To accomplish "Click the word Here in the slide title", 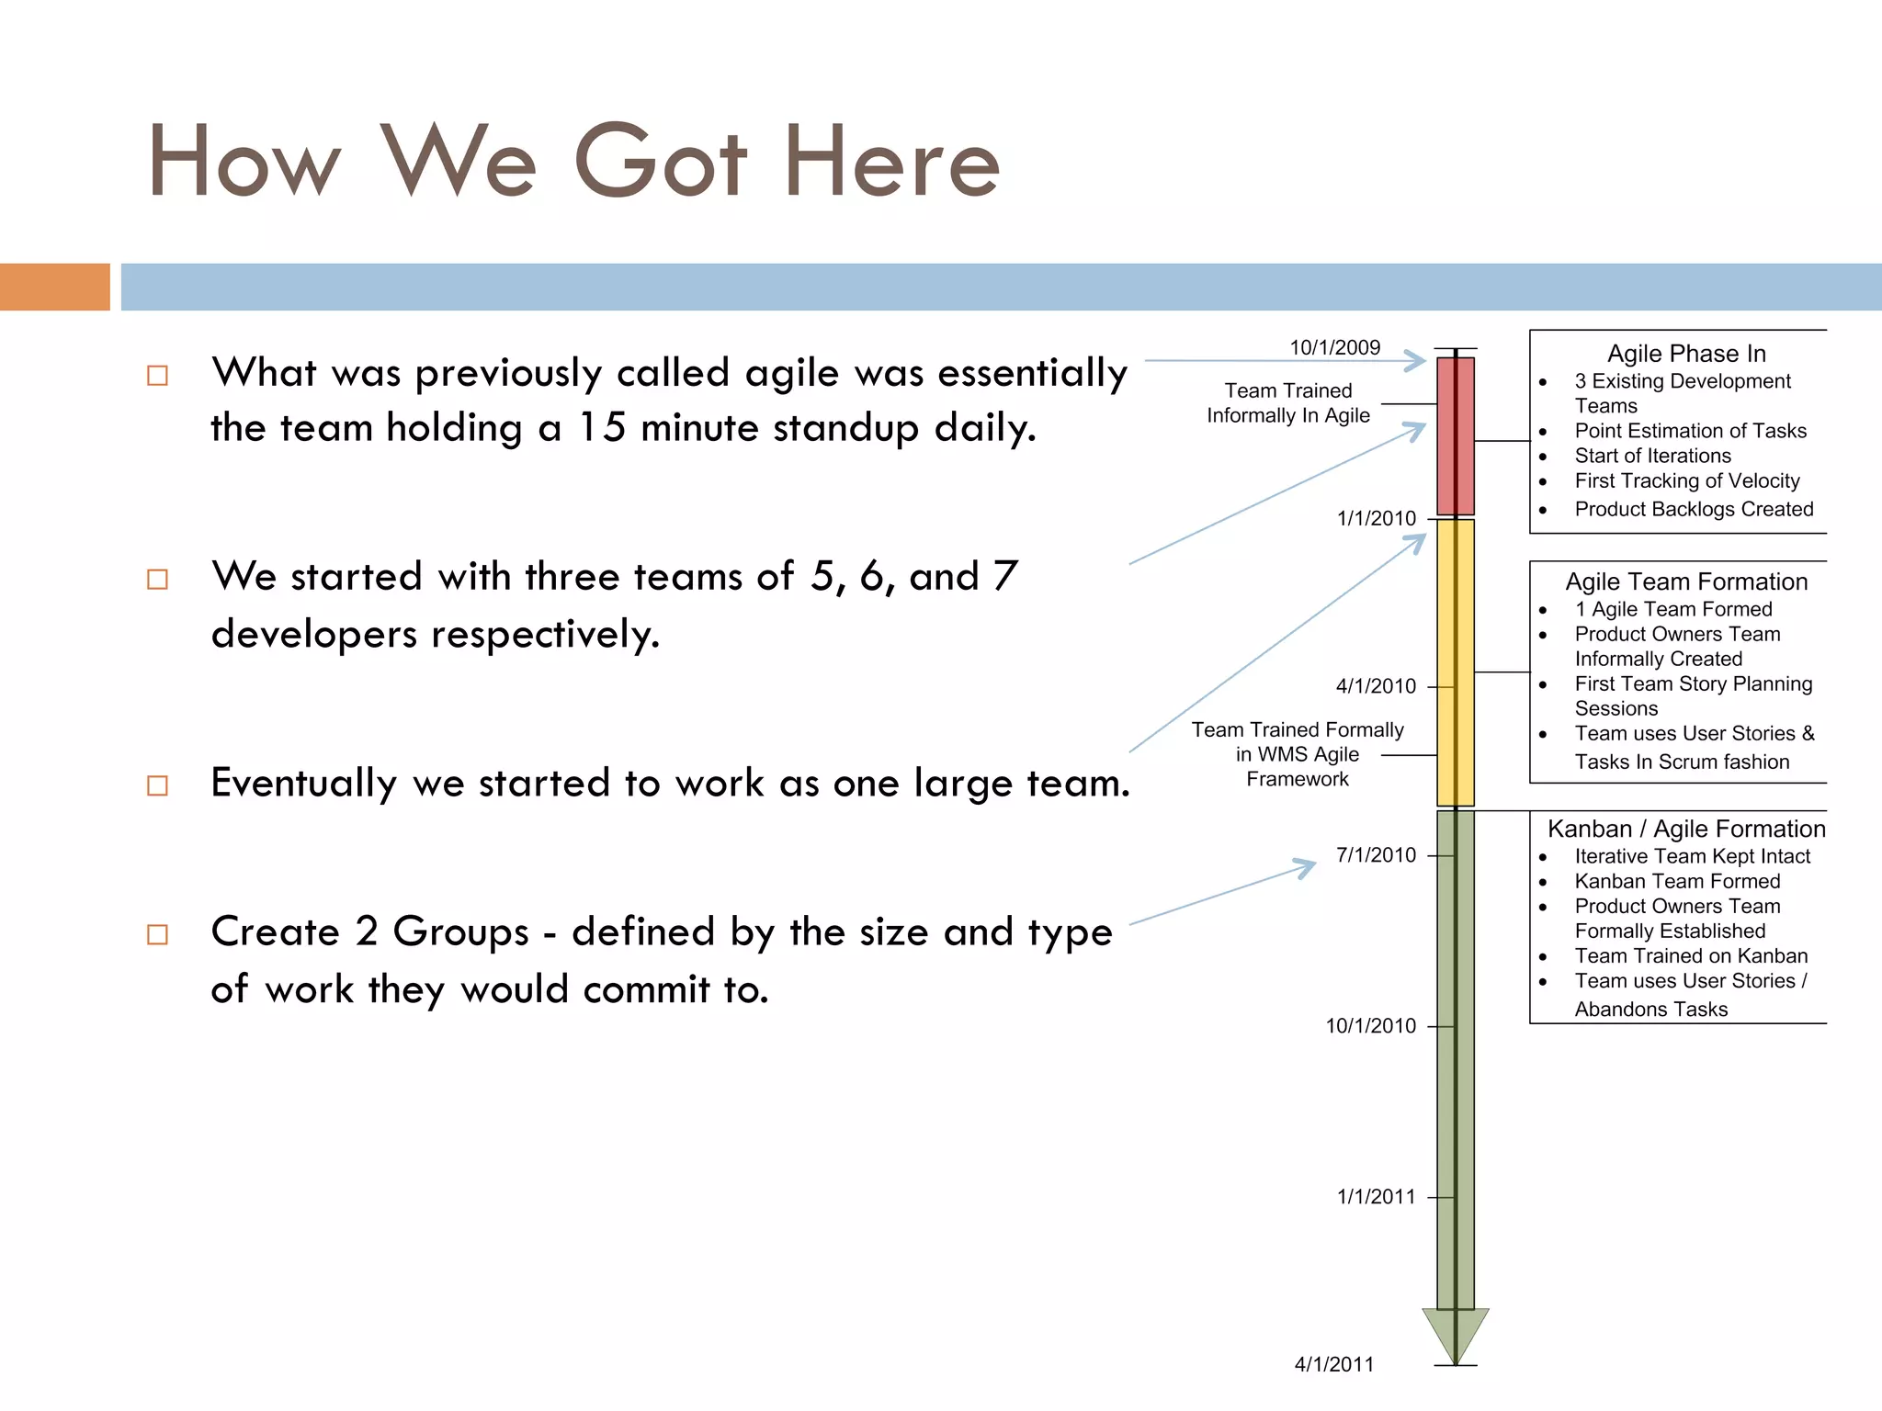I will pyautogui.click(x=891, y=164).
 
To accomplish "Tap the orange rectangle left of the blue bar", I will pyautogui.click(x=54, y=287).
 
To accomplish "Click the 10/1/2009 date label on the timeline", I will pyautogui.click(x=1334, y=347).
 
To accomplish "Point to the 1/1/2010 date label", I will pyautogui.click(x=1376, y=518).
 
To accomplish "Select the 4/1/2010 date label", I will pyautogui.click(x=1376, y=686).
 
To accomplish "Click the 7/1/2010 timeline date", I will pyautogui.click(x=1376, y=855).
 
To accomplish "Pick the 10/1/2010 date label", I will pyautogui.click(x=1370, y=1026).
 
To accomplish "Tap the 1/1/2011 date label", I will pyautogui.click(x=1376, y=1197).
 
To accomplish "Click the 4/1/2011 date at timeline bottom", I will pyautogui.click(x=1333, y=1365).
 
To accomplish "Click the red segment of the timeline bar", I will pyautogui.click(x=1456, y=436).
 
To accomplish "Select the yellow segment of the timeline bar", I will pyautogui.click(x=1456, y=661).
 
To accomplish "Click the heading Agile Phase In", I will pyautogui.click(x=1686, y=354).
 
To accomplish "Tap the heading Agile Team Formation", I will pyautogui.click(x=1686, y=581).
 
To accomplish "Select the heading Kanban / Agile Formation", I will pyautogui.click(x=1686, y=829).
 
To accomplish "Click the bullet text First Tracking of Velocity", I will pyautogui.click(x=1686, y=480).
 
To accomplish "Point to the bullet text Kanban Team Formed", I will pyautogui.click(x=1677, y=881).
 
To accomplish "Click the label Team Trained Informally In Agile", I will pyautogui.click(x=1288, y=403).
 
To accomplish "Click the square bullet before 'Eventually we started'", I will pyautogui.click(x=158, y=785).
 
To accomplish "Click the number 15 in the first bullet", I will pyautogui.click(x=602, y=428).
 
